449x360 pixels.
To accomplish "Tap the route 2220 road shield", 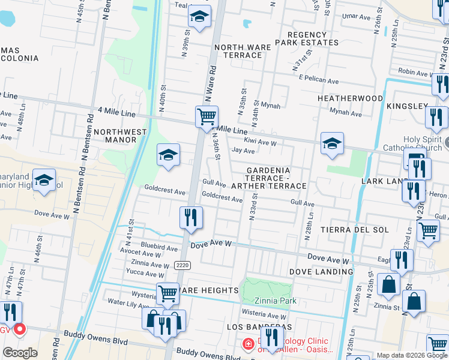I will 182,265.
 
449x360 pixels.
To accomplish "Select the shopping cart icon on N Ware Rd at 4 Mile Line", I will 206,116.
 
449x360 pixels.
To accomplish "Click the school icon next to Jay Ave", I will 332,143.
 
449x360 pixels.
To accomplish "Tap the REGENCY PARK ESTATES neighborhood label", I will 307,39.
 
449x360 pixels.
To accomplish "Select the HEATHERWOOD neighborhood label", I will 350,98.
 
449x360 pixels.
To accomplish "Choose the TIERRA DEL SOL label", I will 354,230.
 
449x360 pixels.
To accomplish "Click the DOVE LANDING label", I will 321,272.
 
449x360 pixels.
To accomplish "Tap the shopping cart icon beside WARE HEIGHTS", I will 168,294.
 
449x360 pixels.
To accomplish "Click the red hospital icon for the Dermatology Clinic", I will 247,344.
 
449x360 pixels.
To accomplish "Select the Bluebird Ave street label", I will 159,247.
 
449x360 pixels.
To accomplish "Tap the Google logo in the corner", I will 20,352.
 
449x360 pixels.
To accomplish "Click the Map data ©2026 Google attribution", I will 412,356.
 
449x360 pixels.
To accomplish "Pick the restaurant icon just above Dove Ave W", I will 191,217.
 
